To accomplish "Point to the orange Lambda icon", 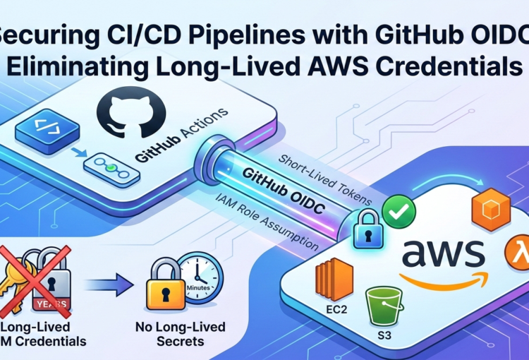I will (517, 253).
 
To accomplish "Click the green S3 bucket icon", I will (382, 305).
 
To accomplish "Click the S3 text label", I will (382, 336).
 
